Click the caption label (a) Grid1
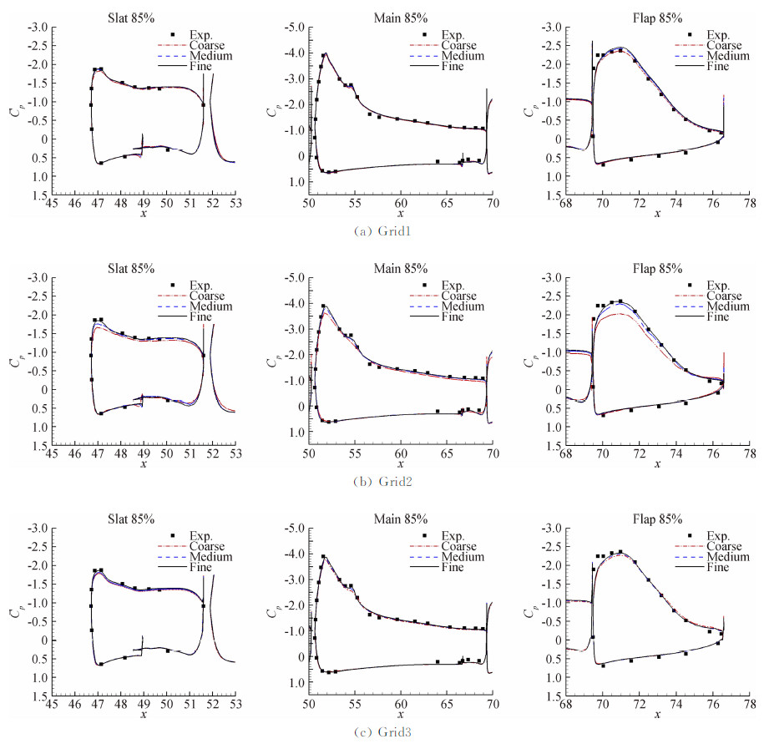tap(386, 230)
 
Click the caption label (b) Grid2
tap(386, 481)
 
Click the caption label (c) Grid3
tap(386, 732)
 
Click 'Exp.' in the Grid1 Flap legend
tap(711, 34)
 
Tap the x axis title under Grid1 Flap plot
tap(658, 214)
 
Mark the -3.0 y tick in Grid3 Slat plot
tap(37, 529)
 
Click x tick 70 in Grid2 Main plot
tap(493, 453)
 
